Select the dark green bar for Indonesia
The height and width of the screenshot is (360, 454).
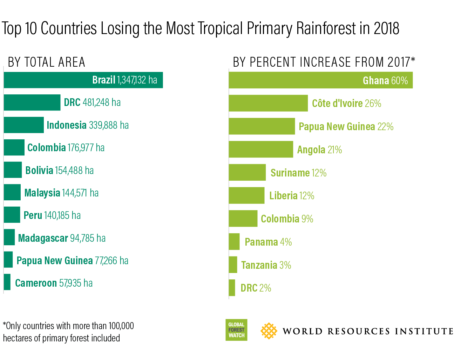click(x=24, y=125)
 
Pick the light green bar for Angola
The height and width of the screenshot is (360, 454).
click(x=261, y=149)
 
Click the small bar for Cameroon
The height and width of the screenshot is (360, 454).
click(x=7, y=282)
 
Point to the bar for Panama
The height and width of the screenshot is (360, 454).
click(x=234, y=242)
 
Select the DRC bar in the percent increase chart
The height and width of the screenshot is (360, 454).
click(x=232, y=288)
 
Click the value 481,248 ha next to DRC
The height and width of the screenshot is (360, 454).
click(x=102, y=102)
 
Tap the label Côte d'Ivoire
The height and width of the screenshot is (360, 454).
click(x=337, y=104)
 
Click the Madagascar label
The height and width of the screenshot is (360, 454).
click(x=43, y=238)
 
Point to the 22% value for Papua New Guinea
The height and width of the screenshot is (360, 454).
click(x=385, y=127)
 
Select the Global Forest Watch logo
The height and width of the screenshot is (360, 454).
click(x=236, y=330)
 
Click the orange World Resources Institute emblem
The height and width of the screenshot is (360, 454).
click(x=269, y=331)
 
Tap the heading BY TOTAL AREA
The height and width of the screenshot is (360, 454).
click(x=47, y=62)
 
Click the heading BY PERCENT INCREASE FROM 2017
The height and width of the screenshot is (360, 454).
click(x=324, y=62)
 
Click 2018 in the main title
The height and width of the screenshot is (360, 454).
click(x=386, y=29)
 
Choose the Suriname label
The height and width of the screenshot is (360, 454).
click(x=290, y=173)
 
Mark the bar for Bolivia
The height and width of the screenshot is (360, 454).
click(x=13, y=170)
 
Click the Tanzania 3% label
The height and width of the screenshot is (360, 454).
click(x=266, y=265)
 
